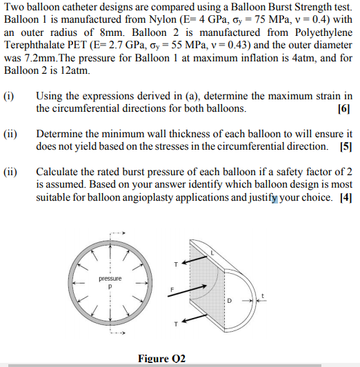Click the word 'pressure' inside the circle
[x=110, y=279]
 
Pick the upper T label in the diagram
[x=175, y=263]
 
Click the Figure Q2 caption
[x=162, y=358]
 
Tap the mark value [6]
[x=345, y=109]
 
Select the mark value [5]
[x=346, y=146]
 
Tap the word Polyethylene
[x=319, y=32]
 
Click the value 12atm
[x=74, y=71]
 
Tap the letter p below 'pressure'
[x=110, y=286]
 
